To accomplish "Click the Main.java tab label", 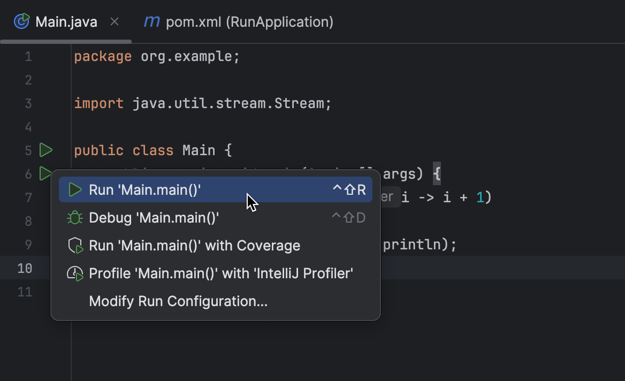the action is click(x=66, y=22).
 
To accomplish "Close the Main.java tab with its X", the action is click(x=114, y=22).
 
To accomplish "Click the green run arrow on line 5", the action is click(x=46, y=150).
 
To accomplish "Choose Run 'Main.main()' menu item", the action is click(x=145, y=190).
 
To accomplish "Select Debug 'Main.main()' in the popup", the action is click(x=154, y=218).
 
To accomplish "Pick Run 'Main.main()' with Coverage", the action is click(x=194, y=246).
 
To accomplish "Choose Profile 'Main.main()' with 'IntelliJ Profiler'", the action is click(x=221, y=273).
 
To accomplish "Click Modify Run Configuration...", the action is click(x=178, y=301).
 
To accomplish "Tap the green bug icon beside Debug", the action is click(x=75, y=218).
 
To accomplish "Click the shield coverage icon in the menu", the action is click(x=75, y=246).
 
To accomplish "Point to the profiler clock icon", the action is click(x=75, y=273).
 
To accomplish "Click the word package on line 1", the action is click(x=103, y=57).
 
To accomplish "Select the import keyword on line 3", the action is click(x=98, y=103).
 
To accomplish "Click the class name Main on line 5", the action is click(x=199, y=150).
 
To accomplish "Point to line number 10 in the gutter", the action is click(x=25, y=268).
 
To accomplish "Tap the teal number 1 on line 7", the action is click(x=480, y=197).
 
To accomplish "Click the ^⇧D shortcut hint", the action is click(x=348, y=218).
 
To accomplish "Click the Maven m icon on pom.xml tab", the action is click(x=152, y=22).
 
